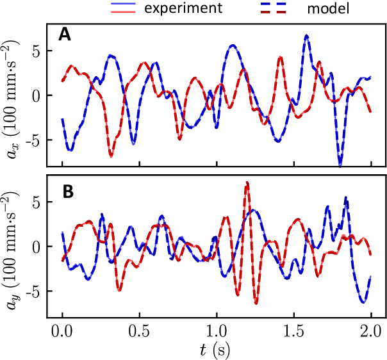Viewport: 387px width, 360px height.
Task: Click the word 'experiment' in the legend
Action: (x=183, y=8)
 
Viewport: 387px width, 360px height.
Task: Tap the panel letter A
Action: (x=65, y=36)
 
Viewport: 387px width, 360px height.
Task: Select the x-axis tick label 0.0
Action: (x=62, y=334)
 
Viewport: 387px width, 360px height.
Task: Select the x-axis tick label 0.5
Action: (x=140, y=334)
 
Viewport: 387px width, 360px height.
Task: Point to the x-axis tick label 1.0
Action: (x=217, y=334)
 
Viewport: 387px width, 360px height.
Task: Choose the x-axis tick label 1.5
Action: (x=294, y=334)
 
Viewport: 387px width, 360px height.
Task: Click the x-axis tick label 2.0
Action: (x=372, y=334)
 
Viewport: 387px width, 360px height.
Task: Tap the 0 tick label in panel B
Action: (x=37, y=247)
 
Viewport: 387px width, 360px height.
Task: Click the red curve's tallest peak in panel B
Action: (x=247, y=183)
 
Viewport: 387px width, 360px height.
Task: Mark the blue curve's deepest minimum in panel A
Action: (x=340, y=165)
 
